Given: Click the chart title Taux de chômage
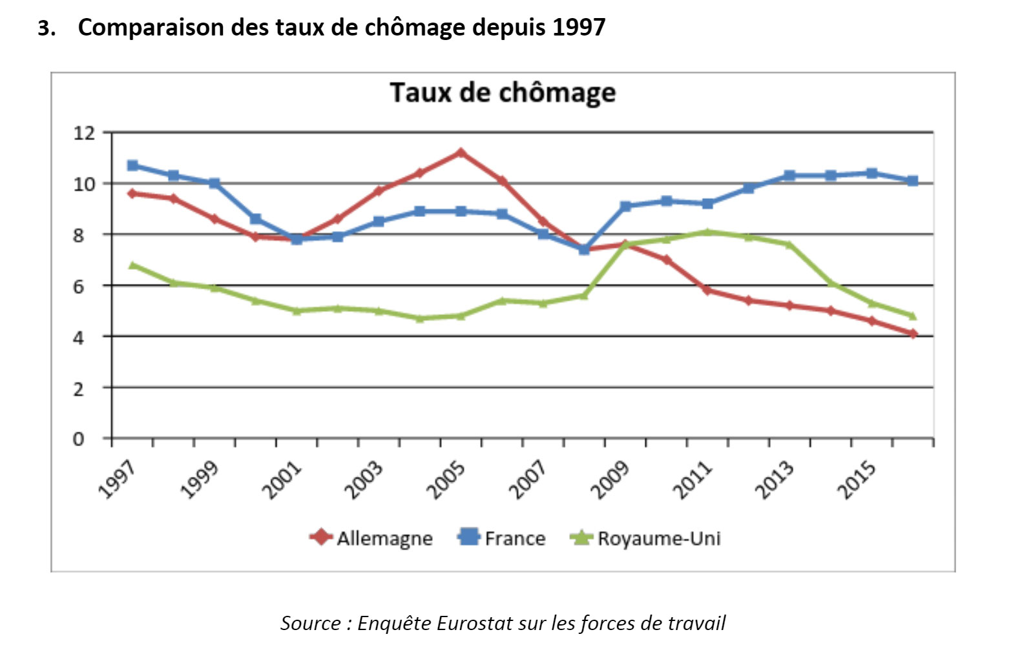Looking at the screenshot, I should [x=503, y=93].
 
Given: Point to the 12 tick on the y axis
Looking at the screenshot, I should [x=84, y=133].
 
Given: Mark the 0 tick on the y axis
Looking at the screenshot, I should [x=79, y=440].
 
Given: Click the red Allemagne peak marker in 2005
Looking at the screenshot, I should [x=461, y=153].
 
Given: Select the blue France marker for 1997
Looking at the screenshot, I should [x=133, y=165].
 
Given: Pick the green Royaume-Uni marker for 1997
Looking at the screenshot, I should [x=133, y=265].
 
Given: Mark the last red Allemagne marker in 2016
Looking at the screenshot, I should [x=913, y=334].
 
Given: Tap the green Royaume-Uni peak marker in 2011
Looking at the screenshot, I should [x=707, y=232].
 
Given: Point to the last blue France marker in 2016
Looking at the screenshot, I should [x=913, y=181].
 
